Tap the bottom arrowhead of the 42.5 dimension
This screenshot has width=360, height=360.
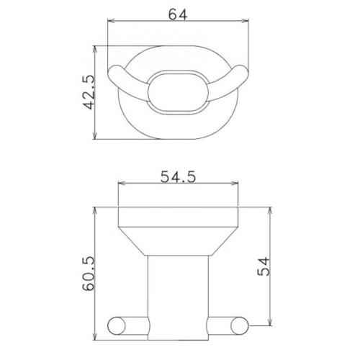pyautogui.click(x=96, y=138)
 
